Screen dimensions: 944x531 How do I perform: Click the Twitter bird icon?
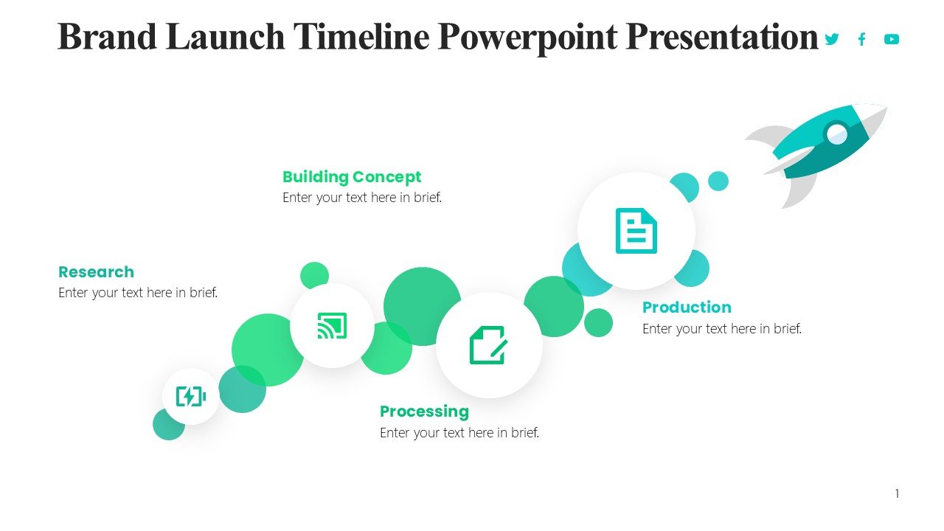click(x=831, y=39)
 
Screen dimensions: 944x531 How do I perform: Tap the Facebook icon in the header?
click(x=862, y=39)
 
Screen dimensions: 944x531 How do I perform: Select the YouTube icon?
click(x=892, y=39)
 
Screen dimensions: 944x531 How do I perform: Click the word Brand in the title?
click(x=107, y=37)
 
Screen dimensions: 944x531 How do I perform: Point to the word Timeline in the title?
click(x=361, y=37)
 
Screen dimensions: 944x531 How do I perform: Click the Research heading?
click(x=96, y=272)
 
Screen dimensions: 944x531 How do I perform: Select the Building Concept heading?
click(x=352, y=178)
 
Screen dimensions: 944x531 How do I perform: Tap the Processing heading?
click(x=424, y=412)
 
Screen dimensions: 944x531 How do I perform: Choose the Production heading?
click(x=687, y=308)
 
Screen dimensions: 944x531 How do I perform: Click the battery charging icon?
click(x=191, y=396)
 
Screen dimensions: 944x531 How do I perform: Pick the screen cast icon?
click(x=332, y=325)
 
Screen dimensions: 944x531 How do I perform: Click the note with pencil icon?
click(x=488, y=344)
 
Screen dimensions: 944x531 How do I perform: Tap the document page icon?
click(x=636, y=231)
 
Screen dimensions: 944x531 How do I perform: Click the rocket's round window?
click(x=836, y=134)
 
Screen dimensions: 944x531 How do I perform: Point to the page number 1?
click(x=898, y=493)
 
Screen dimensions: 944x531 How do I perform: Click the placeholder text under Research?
click(x=138, y=293)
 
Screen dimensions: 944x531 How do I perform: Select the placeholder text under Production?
click(x=722, y=329)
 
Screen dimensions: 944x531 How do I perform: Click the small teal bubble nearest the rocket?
click(x=718, y=181)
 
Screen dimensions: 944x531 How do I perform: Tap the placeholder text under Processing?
click(x=459, y=433)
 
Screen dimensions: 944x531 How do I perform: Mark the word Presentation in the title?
click(x=722, y=38)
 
